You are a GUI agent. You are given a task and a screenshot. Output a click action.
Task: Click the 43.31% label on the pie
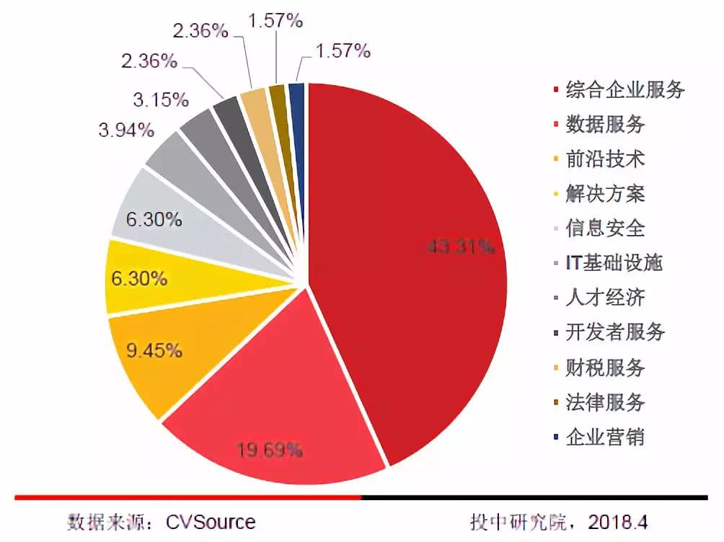461,247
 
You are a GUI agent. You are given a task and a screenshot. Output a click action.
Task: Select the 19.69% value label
269,451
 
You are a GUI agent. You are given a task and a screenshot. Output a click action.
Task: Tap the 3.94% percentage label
126,130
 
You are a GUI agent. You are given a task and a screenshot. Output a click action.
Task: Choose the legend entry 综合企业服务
624,90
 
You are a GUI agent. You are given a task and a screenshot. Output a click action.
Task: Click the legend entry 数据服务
604,125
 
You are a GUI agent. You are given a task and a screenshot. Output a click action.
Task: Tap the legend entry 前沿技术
604,159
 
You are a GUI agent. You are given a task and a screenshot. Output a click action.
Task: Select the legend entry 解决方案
604,194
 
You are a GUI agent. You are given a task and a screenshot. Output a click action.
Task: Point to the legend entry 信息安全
604,228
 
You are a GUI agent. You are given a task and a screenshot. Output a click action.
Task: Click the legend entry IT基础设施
613,263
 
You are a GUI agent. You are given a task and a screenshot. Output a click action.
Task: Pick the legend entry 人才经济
604,298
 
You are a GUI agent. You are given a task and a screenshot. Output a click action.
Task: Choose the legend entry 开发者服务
614,332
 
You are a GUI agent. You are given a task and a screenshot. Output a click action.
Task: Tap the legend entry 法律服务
604,402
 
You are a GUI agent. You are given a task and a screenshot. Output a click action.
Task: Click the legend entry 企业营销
604,437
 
